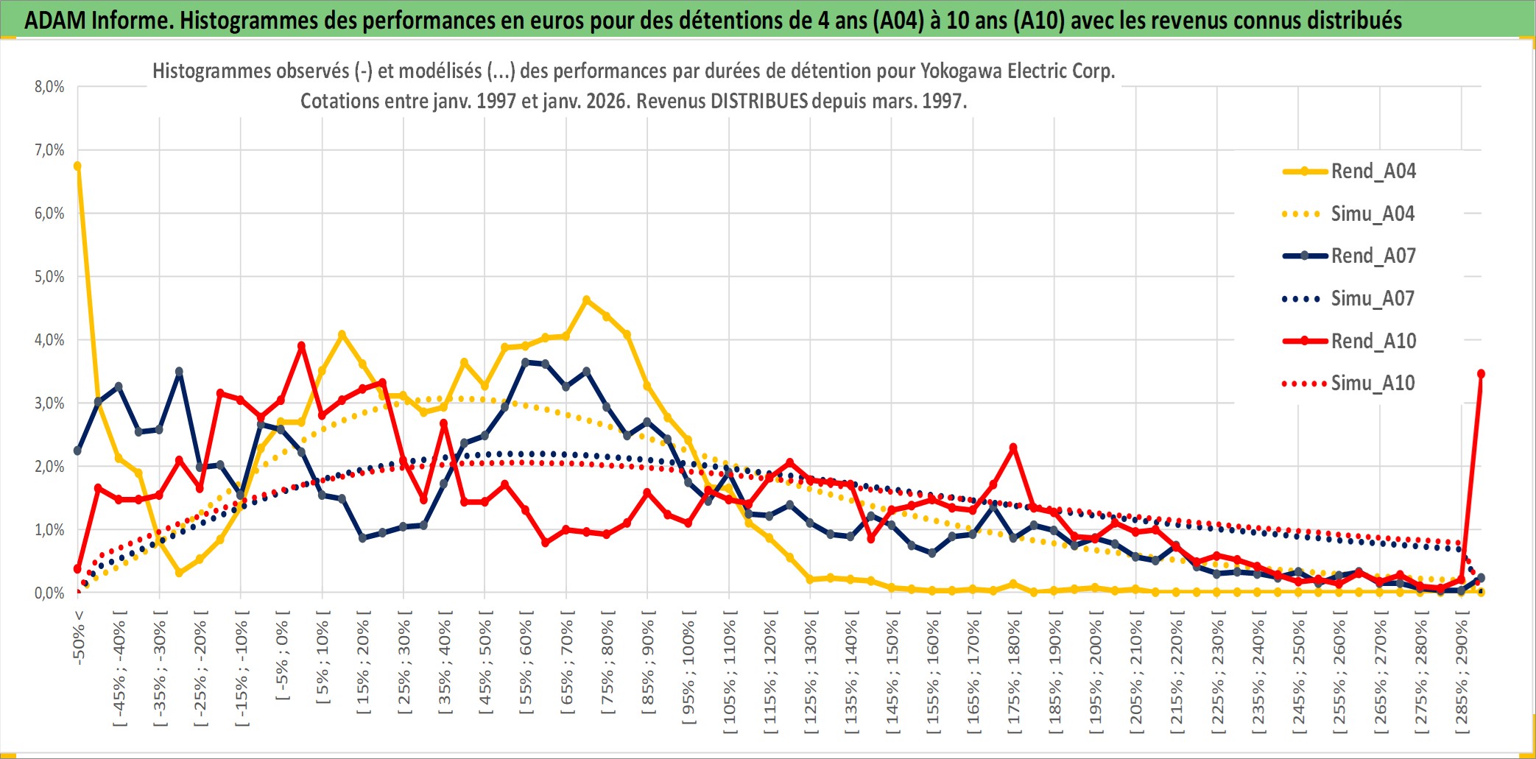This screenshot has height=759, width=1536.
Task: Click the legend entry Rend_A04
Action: coord(1373,172)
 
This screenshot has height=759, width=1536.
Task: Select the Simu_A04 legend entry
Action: coord(1373,214)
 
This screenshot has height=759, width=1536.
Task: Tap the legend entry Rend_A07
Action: coord(1373,256)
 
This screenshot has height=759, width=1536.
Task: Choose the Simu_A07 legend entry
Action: coord(1373,299)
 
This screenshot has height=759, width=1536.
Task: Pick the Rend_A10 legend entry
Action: coord(1373,341)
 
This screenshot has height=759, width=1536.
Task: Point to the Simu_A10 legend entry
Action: coord(1373,384)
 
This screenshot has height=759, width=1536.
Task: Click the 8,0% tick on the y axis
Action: coord(49,87)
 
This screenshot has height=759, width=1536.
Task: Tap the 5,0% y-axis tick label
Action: coord(49,277)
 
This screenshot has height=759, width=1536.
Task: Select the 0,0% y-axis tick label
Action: coord(49,593)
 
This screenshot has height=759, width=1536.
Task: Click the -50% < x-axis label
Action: coord(79,638)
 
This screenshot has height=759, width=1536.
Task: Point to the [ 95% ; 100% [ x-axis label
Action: coord(688,671)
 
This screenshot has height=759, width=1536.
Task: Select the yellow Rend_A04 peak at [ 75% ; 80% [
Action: coord(586,300)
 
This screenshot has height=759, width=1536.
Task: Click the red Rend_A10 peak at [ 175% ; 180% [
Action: coord(1013,448)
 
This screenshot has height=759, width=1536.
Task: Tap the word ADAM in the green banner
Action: coord(55,20)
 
